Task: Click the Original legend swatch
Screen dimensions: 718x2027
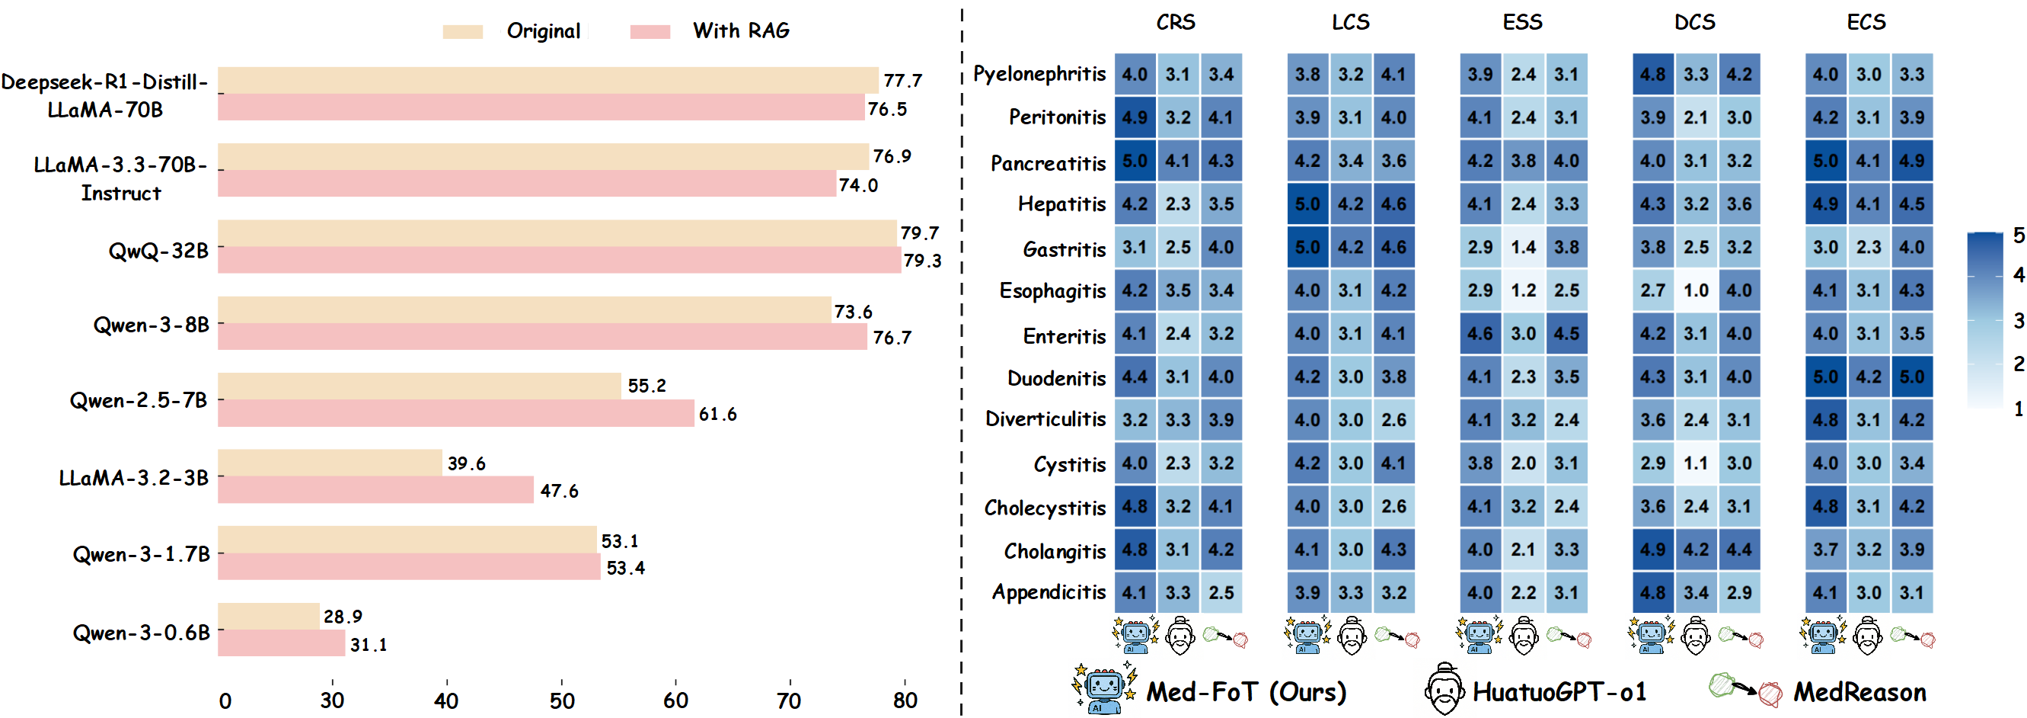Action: click(462, 31)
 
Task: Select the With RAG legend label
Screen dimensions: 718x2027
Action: click(740, 30)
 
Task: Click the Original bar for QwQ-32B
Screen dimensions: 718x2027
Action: click(557, 233)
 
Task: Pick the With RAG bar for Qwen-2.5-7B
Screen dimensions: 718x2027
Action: click(455, 413)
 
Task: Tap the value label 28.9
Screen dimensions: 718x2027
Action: click(343, 617)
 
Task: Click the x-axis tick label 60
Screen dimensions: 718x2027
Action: click(675, 700)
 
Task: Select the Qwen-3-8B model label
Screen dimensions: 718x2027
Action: click(151, 325)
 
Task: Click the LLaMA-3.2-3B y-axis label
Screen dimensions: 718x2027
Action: click(133, 478)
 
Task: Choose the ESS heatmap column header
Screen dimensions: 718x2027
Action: click(1522, 22)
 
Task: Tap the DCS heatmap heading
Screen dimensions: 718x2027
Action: click(1694, 22)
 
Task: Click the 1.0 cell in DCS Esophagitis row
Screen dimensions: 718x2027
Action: click(1696, 290)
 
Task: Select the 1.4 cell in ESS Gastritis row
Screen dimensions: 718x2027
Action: click(1523, 247)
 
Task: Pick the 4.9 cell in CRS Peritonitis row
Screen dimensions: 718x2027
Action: click(1134, 117)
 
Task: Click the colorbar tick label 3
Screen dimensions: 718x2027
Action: click(2018, 320)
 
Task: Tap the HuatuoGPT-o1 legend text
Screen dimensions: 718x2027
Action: click(1559, 691)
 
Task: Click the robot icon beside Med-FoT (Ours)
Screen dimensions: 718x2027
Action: click(1103, 688)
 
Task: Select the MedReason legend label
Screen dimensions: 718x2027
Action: click(1859, 691)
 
